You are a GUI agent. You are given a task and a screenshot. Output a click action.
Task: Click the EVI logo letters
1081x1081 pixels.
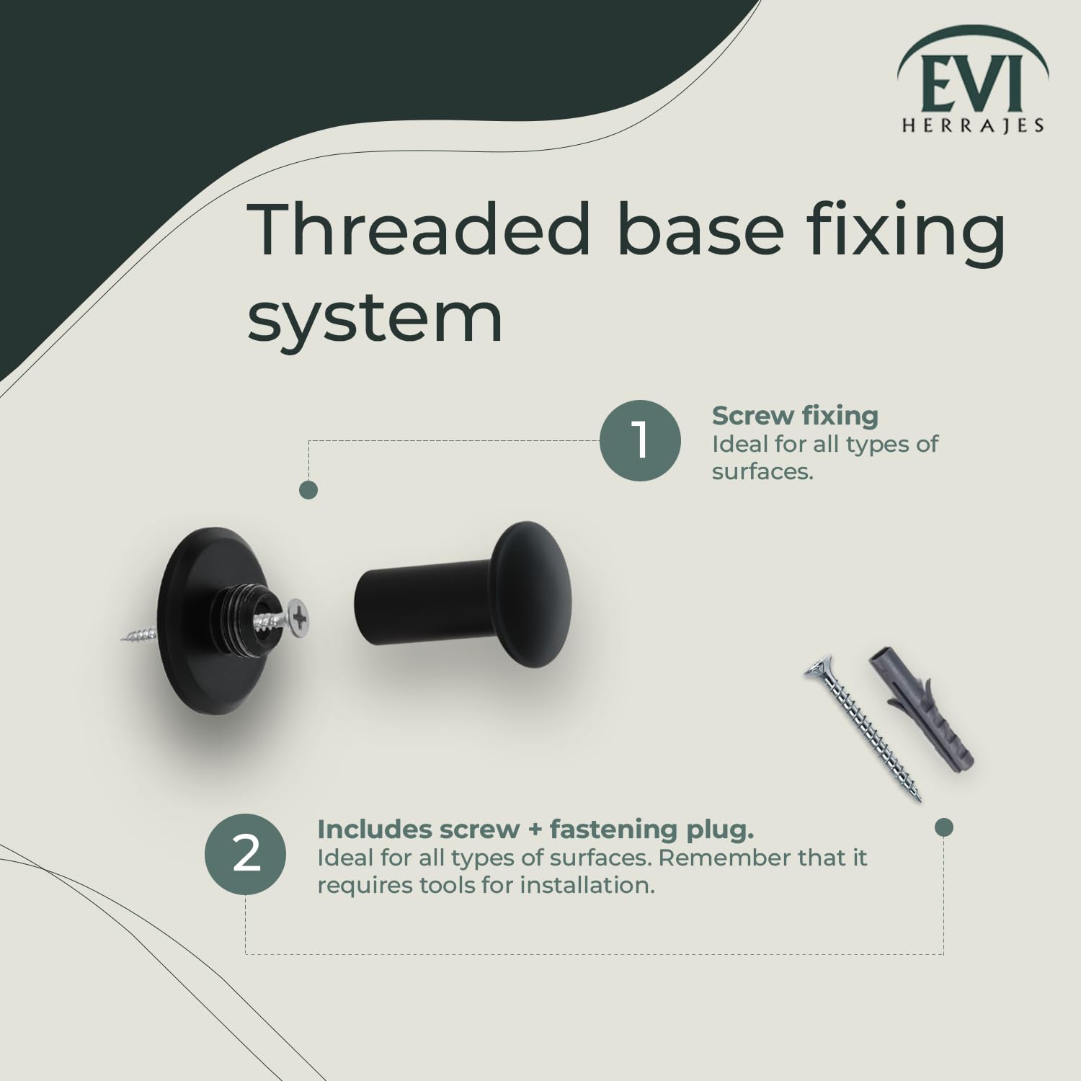click(972, 84)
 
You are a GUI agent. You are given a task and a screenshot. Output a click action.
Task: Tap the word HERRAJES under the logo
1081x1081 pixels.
click(973, 126)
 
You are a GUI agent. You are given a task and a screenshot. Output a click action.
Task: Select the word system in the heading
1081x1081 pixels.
click(375, 319)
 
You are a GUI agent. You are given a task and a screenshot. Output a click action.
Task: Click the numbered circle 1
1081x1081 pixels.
click(640, 440)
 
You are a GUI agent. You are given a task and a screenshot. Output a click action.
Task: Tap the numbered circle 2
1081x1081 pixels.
click(246, 855)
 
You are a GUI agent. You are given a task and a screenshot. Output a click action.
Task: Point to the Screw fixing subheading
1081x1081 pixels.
click(795, 416)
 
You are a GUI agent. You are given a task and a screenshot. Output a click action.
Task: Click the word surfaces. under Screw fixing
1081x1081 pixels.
click(762, 472)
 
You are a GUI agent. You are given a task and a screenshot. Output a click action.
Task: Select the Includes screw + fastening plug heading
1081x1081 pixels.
click(535, 829)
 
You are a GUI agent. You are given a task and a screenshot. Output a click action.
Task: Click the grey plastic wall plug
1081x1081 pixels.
click(922, 706)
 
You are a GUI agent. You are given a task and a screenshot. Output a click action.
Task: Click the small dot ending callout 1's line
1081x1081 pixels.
click(308, 491)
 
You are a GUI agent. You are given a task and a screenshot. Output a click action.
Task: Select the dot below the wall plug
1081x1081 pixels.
click(943, 827)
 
